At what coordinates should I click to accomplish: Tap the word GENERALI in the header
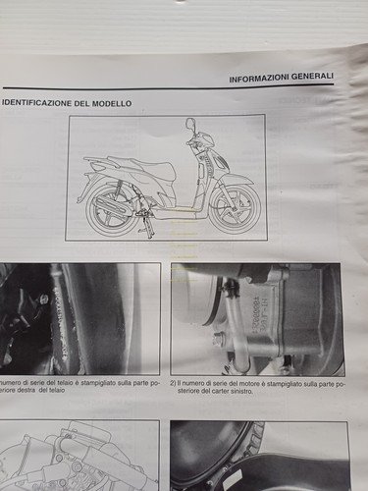coord(313,80)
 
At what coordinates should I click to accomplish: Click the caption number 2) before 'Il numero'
coord(175,383)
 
